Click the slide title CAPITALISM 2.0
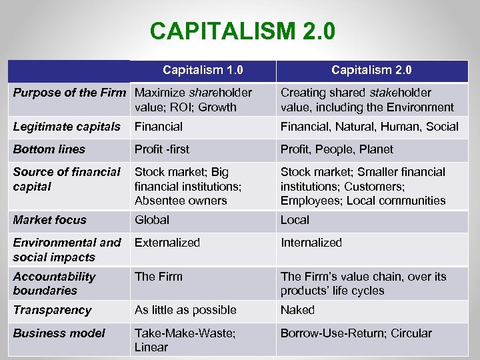243,31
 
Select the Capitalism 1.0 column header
203,70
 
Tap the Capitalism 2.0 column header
371,70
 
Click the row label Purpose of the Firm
69,93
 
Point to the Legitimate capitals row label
67,127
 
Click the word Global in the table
152,220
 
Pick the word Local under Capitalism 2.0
295,220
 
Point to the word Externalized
167,243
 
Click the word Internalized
311,243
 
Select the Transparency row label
52,310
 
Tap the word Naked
297,310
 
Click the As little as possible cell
185,310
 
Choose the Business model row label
59,333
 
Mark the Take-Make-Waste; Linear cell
185,340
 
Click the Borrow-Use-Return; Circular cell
356,333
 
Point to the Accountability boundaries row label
54,283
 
